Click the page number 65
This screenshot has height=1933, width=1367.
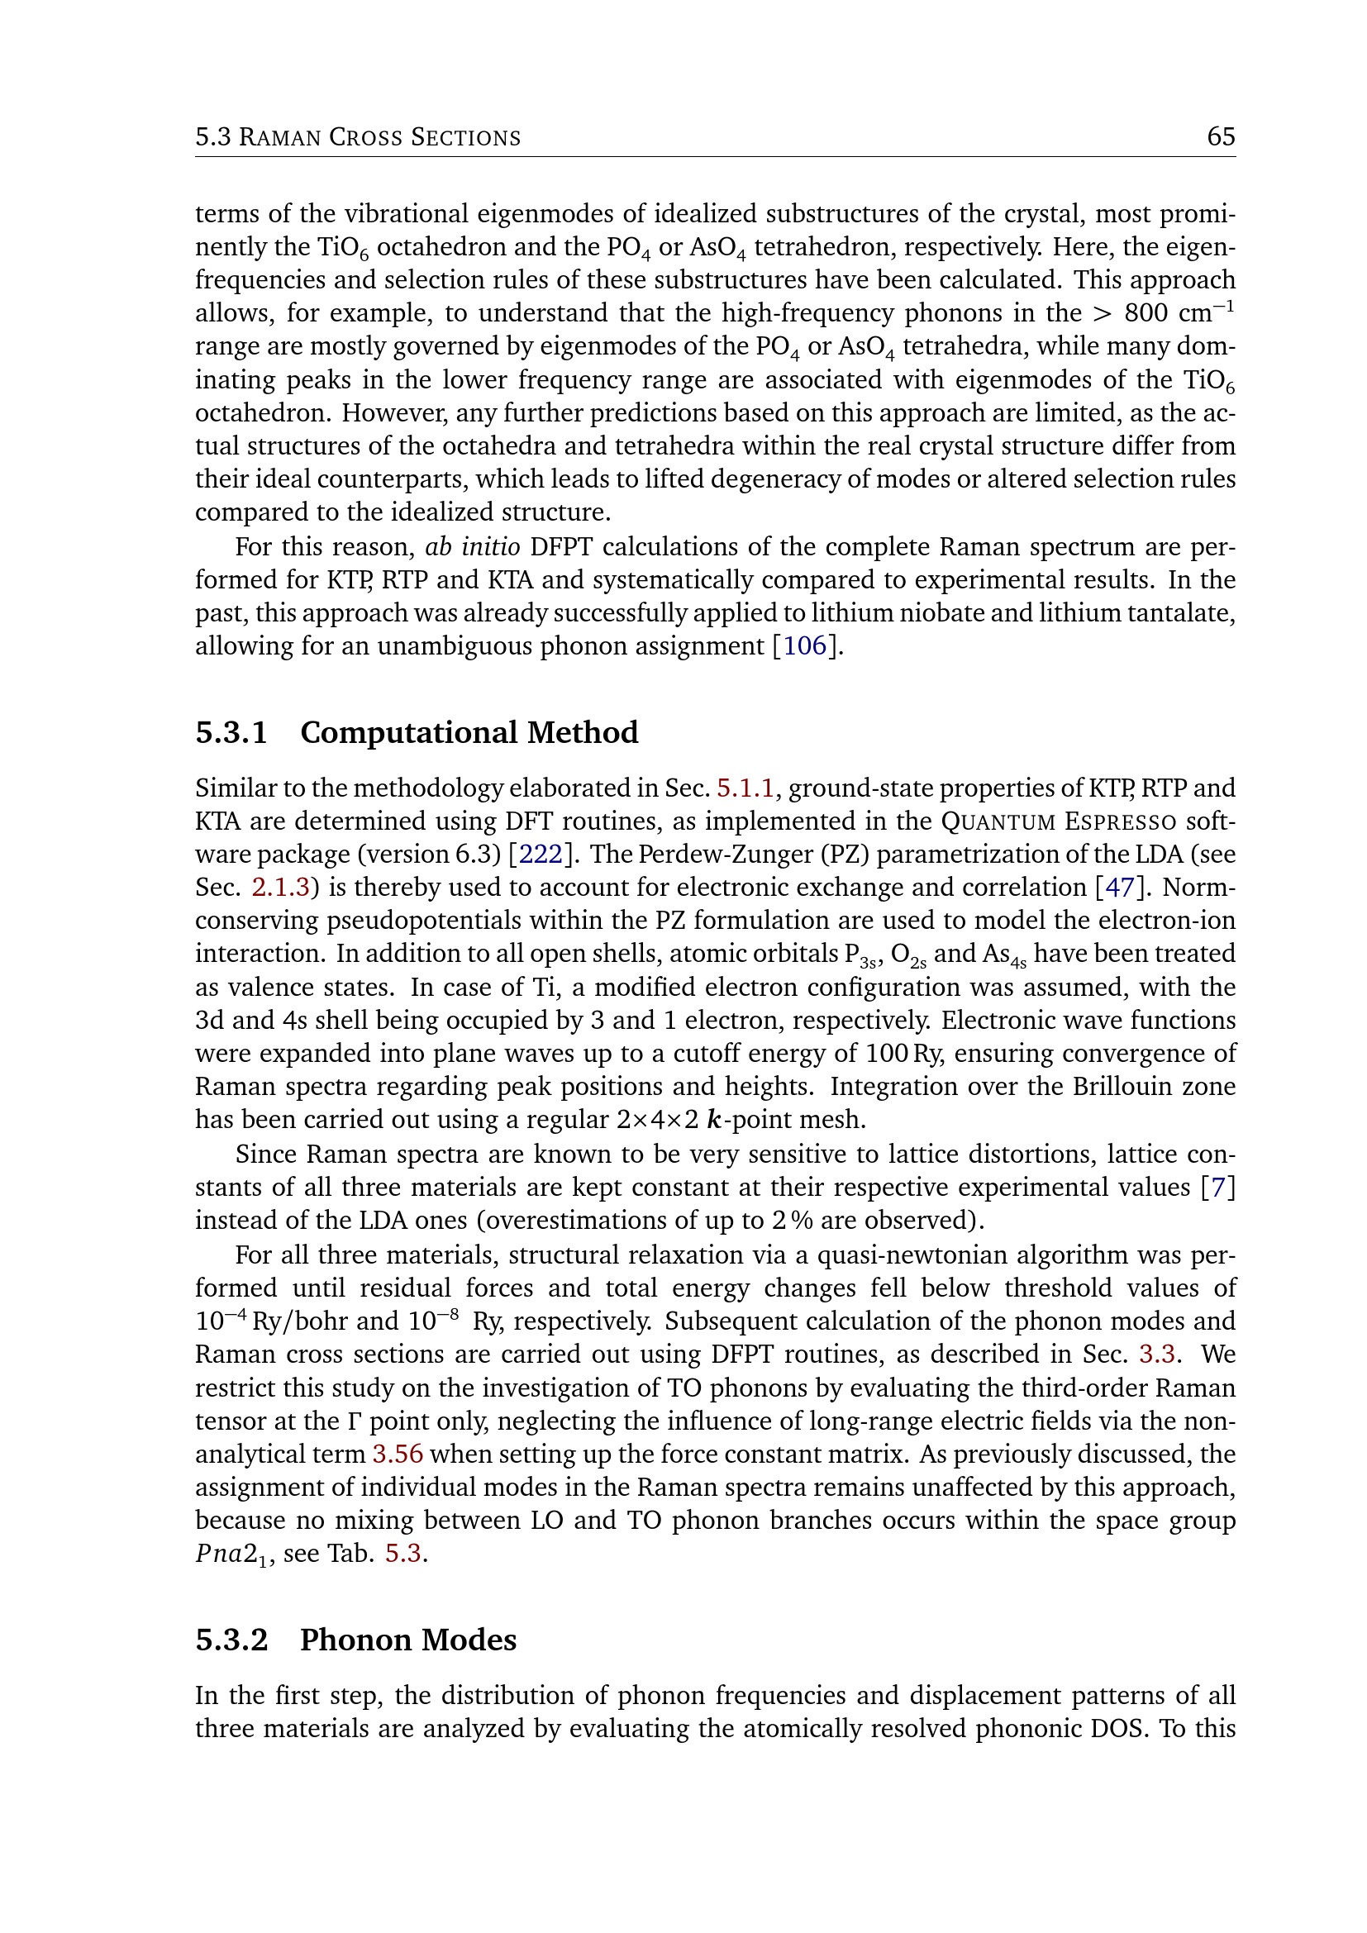(1221, 136)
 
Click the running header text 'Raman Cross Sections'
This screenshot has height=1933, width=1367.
(379, 137)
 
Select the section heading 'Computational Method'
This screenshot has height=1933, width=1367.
(469, 732)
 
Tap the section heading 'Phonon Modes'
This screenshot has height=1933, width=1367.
(408, 1640)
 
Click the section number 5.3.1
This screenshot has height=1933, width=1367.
(231, 732)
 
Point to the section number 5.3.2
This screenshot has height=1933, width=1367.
(231, 1640)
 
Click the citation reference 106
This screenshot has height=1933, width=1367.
(806, 645)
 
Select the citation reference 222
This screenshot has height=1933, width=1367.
(541, 854)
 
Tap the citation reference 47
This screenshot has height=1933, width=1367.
(1119, 887)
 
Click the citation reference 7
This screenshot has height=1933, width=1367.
(1218, 1186)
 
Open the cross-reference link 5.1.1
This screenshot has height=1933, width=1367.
(745, 788)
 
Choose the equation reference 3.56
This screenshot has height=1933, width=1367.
(398, 1454)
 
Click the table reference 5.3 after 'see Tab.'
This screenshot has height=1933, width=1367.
(403, 1554)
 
